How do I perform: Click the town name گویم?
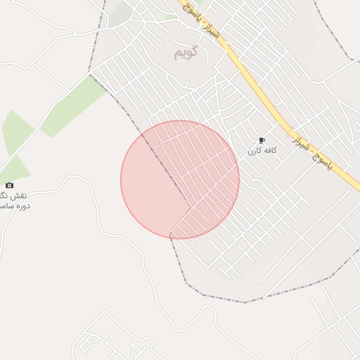[186, 53]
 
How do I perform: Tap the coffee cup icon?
[262, 141]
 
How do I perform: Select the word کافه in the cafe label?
[271, 151]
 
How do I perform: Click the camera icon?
[9, 185]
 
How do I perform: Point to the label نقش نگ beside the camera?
[14, 195]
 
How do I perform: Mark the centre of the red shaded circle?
[180, 180]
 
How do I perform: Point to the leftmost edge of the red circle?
[121, 180]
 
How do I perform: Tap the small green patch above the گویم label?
[172, 16]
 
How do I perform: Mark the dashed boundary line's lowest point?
[245, 302]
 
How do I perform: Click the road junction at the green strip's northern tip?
[91, 73]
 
